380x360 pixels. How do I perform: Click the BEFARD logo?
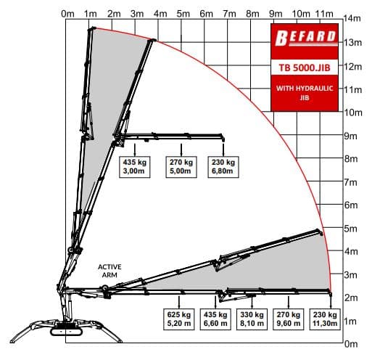point(305,36)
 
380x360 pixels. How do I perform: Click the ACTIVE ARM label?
point(110,271)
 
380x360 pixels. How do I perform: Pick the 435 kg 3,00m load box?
point(135,166)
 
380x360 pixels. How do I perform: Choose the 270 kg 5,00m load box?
point(180,166)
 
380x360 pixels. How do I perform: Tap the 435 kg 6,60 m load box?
point(215,319)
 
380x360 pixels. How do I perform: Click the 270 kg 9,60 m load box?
point(288,319)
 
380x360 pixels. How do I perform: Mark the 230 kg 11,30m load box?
point(323,319)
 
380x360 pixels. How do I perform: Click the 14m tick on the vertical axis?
point(352,17)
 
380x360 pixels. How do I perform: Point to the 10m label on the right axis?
point(352,112)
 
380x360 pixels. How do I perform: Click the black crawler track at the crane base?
point(70,332)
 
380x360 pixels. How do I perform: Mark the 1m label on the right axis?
point(350,321)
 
